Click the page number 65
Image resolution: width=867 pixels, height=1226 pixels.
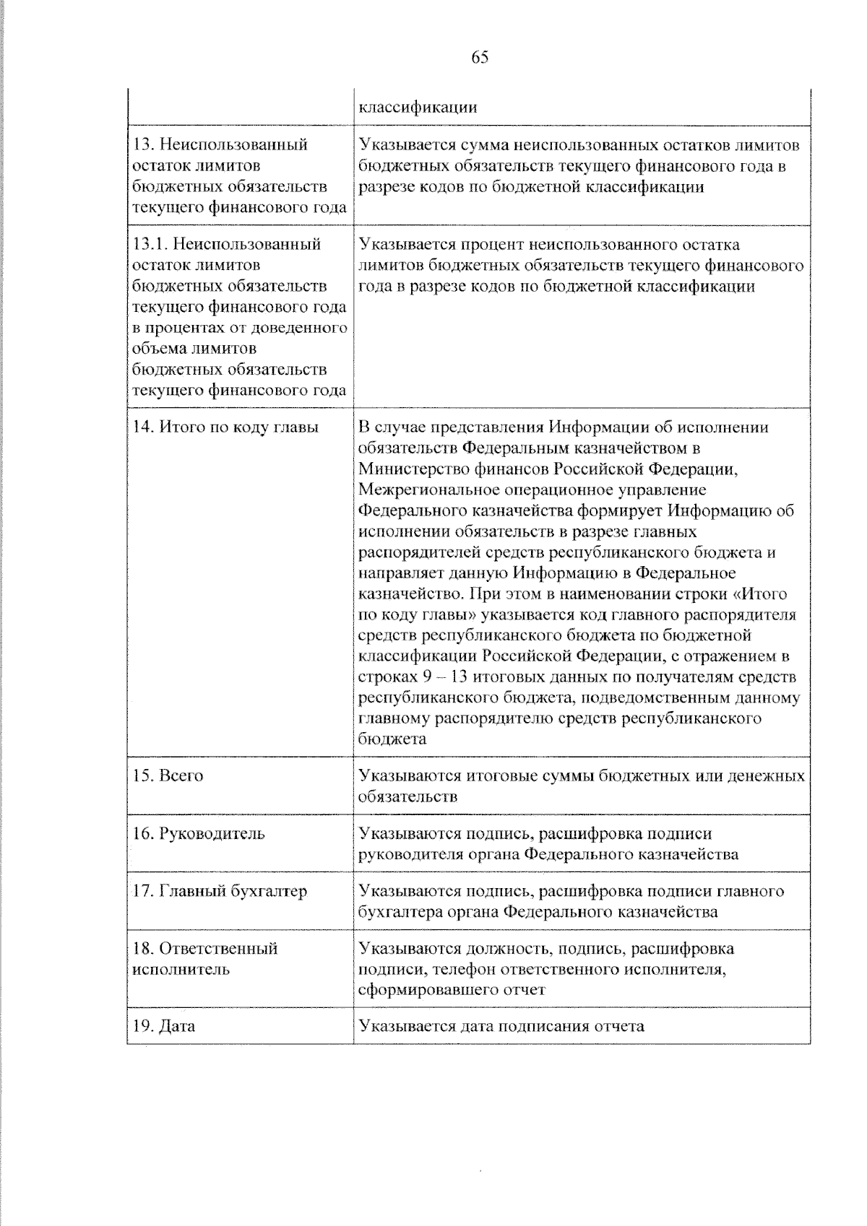coord(480,58)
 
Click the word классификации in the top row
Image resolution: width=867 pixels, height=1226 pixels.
coord(418,108)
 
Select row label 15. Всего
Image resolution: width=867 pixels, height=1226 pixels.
coord(168,776)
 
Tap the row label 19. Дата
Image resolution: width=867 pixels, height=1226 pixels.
coord(164,1026)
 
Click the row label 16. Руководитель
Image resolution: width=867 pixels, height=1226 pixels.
coord(199,834)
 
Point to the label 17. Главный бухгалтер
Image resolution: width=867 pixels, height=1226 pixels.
coord(220,891)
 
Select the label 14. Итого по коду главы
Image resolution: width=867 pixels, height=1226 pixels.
coord(225,427)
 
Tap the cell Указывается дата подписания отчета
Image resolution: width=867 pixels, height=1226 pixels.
coord(501,1026)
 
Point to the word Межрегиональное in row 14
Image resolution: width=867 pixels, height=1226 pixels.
coord(416,490)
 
